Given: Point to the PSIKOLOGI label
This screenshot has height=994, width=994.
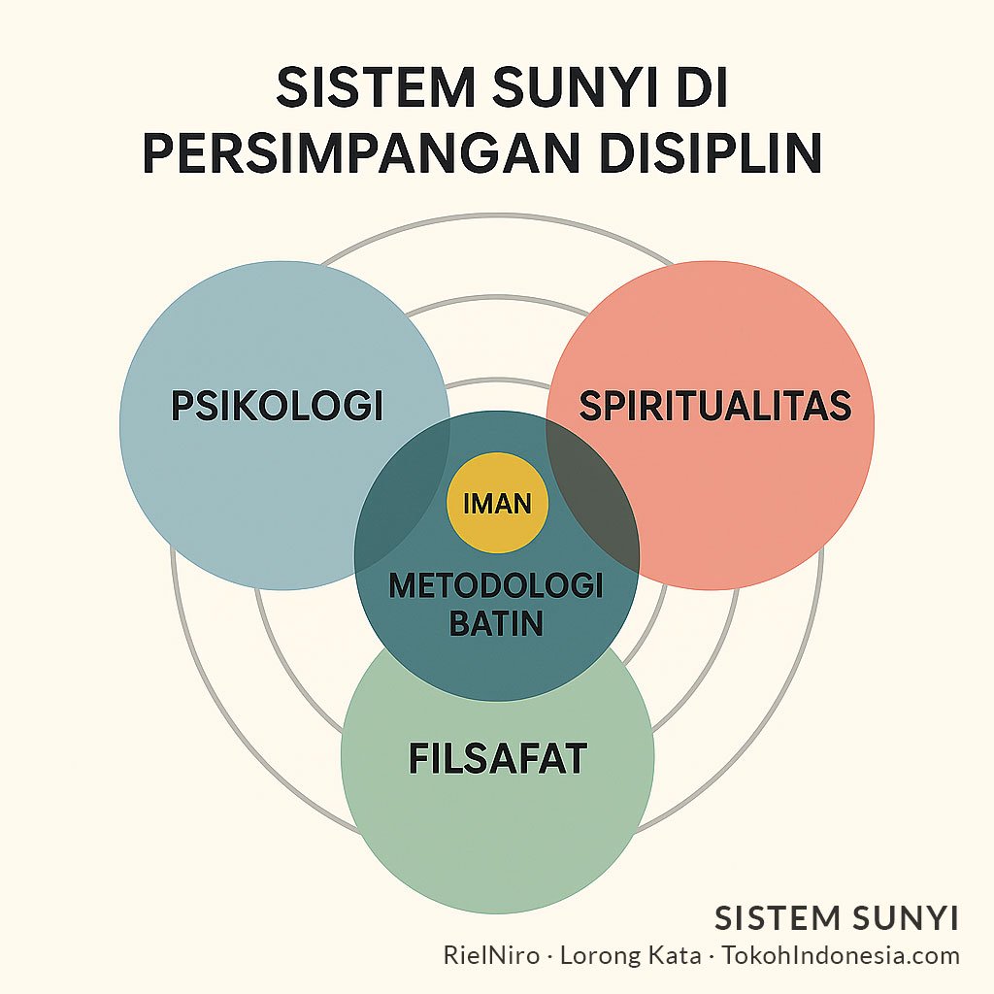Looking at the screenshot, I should [277, 406].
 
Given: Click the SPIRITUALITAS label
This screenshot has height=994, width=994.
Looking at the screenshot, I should [715, 406].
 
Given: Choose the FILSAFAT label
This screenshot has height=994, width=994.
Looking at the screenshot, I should [497, 758].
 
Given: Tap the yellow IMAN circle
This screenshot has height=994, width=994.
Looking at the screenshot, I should [497, 503].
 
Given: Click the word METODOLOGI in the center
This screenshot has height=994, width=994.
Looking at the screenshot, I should [496, 585].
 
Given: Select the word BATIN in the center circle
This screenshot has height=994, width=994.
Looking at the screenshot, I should [496, 622].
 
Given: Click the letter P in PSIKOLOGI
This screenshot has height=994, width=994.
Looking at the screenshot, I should [182, 406].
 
